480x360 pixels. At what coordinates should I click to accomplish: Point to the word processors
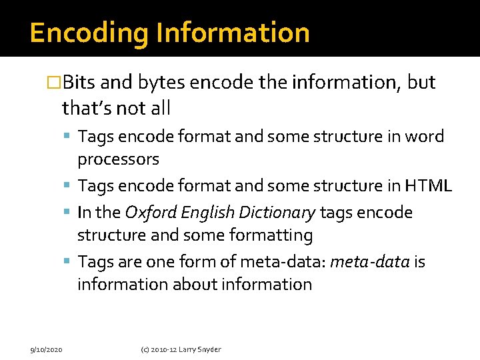pyautogui.click(x=118, y=160)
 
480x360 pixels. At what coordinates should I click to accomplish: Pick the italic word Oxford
pyautogui.click(x=148, y=213)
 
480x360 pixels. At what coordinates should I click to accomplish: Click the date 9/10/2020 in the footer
pyautogui.click(x=47, y=349)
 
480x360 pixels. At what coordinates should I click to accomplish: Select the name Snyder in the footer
pyautogui.click(x=209, y=349)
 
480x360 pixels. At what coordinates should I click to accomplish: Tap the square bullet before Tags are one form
pyautogui.click(x=70, y=263)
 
